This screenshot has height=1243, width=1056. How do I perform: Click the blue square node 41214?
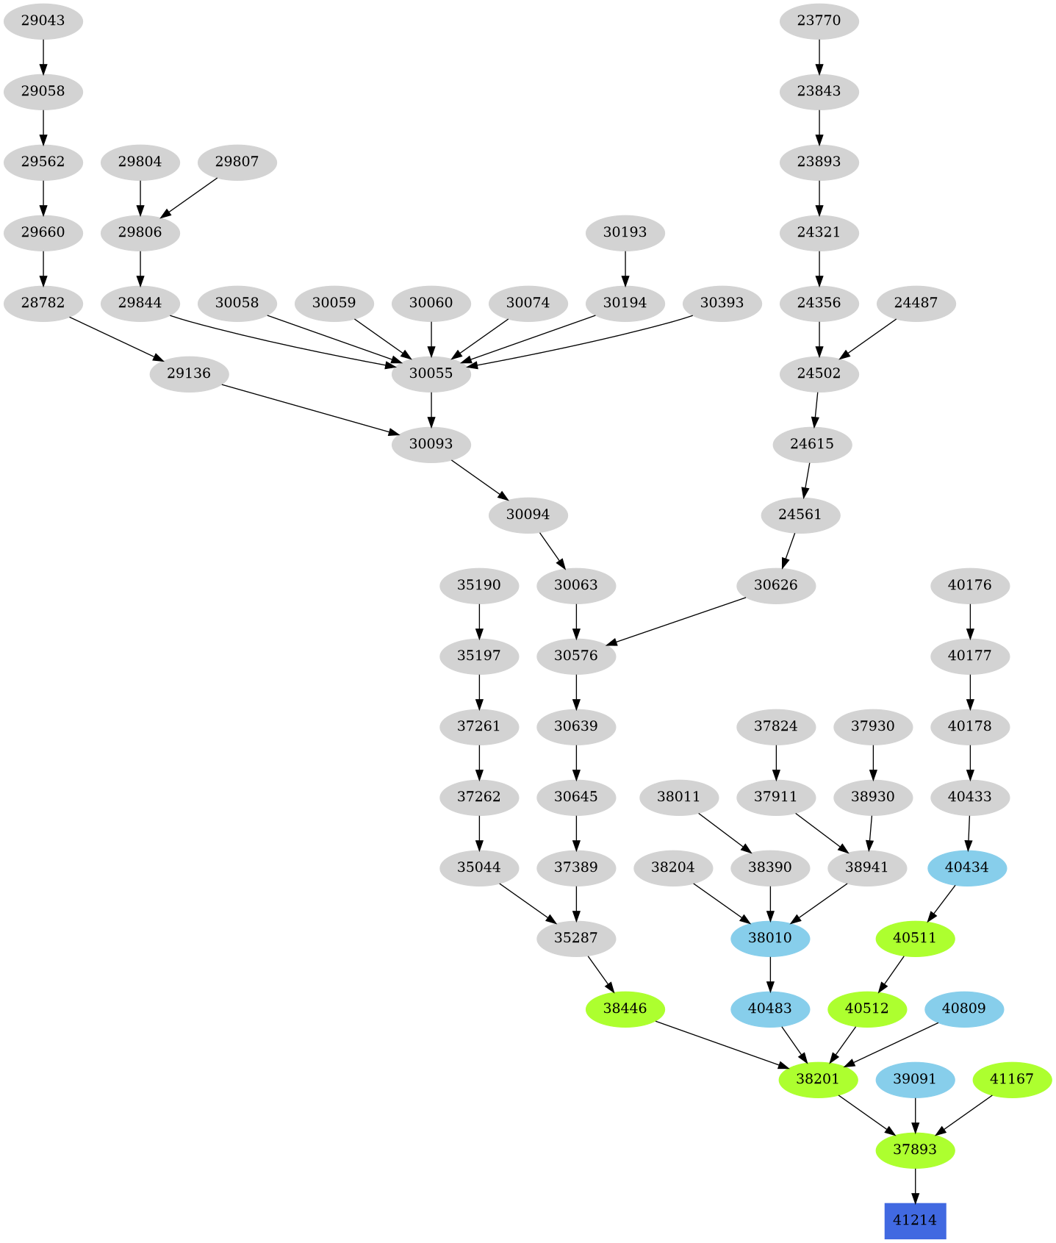914,1220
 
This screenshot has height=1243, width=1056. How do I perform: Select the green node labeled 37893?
914,1150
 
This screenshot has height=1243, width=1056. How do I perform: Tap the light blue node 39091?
914,1079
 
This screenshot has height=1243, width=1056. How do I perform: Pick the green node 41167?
1011,1079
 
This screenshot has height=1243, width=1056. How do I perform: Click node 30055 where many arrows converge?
431,373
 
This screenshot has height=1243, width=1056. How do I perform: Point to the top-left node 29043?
43,21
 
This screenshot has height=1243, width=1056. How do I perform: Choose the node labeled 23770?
819,21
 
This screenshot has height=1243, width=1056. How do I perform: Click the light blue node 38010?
769,938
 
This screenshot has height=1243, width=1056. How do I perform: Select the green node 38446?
625,1009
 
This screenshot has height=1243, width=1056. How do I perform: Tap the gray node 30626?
775,585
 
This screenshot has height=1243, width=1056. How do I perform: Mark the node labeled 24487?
916,303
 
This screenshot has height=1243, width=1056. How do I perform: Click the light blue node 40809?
963,1009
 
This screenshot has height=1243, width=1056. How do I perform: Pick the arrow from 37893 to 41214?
914,1185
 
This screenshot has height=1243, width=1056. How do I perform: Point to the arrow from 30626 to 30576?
680,621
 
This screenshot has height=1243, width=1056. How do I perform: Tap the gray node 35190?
478,585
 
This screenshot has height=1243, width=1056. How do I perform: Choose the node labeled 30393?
721,303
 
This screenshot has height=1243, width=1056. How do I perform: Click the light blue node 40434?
966,867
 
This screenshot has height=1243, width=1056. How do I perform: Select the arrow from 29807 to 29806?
190,197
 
